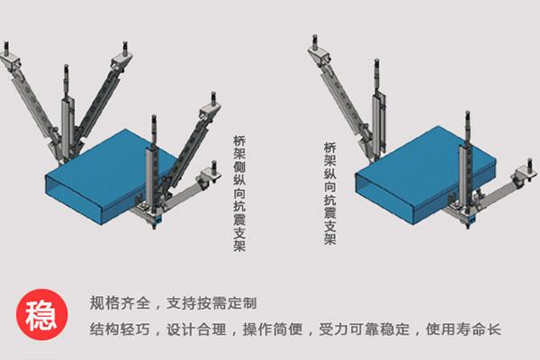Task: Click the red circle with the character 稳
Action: pyautogui.click(x=37, y=316)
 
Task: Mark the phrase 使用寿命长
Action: pyautogui.click(x=458, y=329)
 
